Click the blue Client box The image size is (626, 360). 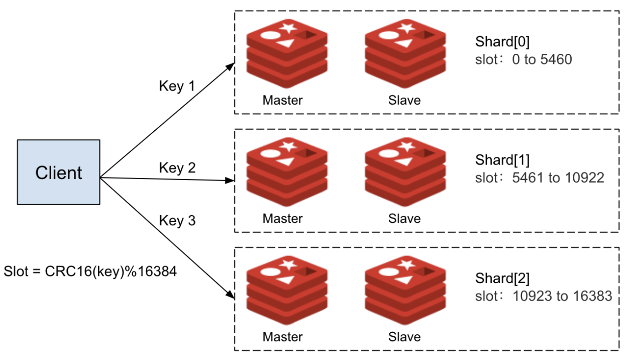(59, 172)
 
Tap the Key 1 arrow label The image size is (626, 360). (177, 86)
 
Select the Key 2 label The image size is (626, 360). (177, 168)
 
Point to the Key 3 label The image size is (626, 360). (177, 221)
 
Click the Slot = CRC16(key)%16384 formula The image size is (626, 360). (90, 272)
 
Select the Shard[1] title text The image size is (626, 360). (502, 160)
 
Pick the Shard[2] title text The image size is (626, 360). (502, 278)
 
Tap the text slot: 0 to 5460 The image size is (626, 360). (524, 60)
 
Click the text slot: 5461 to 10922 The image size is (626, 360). (540, 178)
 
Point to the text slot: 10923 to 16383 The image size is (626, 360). (544, 296)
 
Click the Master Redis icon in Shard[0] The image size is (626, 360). (287, 53)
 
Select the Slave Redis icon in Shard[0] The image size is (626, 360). (405, 53)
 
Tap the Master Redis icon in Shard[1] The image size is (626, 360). (287, 171)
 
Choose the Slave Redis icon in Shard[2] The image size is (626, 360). (405, 289)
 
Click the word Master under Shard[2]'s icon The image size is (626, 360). (282, 336)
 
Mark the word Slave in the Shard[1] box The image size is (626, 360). (404, 218)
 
